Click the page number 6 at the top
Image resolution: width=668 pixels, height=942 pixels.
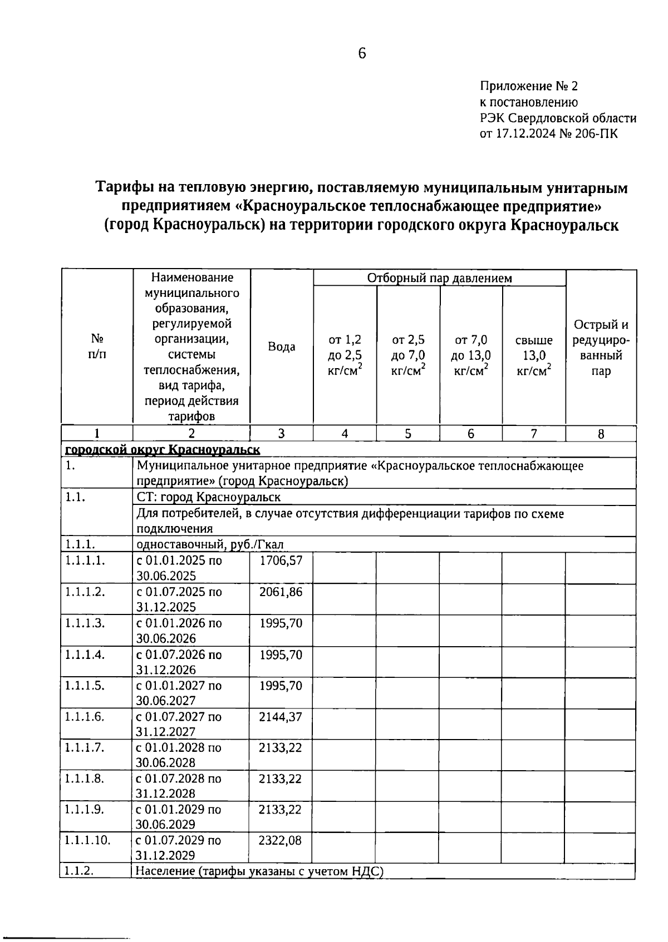pyautogui.click(x=362, y=53)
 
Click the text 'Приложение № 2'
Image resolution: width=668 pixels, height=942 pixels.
pyautogui.click(x=529, y=86)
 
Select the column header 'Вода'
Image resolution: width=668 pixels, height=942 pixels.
pyautogui.click(x=282, y=347)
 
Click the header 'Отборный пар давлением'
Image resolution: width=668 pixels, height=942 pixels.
pyautogui.click(x=439, y=278)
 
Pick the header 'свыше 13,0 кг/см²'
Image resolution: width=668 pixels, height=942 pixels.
pyautogui.click(x=534, y=355)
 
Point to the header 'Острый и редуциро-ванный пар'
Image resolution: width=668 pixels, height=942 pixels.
pyautogui.click(x=601, y=348)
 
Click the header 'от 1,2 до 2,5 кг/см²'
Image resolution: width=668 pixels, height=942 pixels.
pyautogui.click(x=345, y=355)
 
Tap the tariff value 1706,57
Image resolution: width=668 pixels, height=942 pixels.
pyautogui.click(x=281, y=561)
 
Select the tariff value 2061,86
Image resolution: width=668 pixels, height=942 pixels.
pyautogui.click(x=281, y=592)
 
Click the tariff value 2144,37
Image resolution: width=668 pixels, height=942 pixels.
pyautogui.click(x=281, y=717)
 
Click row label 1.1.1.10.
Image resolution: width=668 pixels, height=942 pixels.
pyautogui.click(x=87, y=840)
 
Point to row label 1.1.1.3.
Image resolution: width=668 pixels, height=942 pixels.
pyautogui.click(x=85, y=623)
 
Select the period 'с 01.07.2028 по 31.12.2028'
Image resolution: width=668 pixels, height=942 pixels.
pyautogui.click(x=178, y=786)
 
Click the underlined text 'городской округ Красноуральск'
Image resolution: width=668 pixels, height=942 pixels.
pyautogui.click(x=163, y=449)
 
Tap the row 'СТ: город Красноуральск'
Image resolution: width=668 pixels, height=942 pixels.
pyautogui.click(x=209, y=497)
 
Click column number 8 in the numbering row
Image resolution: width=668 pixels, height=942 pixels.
pyautogui.click(x=601, y=434)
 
